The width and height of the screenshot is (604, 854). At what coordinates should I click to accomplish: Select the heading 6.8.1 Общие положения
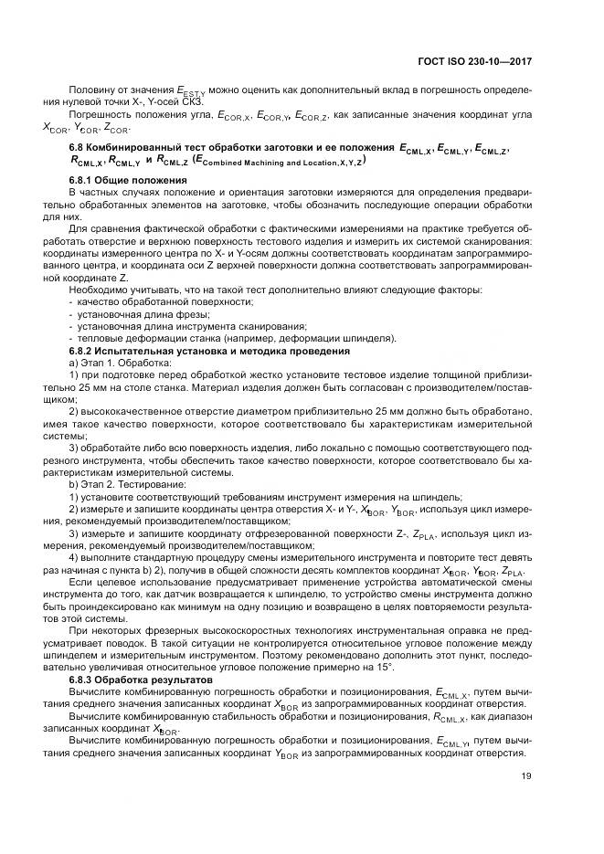click(x=117, y=181)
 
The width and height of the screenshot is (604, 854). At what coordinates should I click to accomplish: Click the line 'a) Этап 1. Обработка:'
click(x=120, y=363)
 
